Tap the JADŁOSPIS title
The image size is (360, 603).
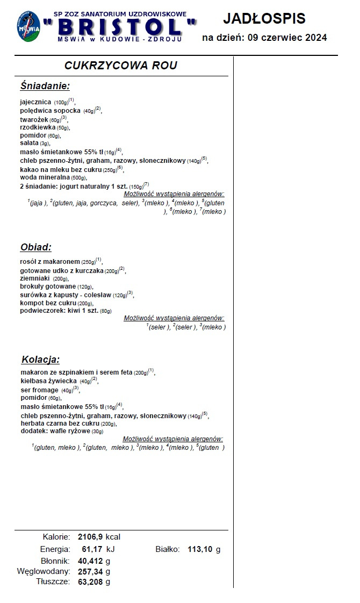point(264,19)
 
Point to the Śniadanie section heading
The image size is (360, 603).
point(45,85)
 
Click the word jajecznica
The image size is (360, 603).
point(35,102)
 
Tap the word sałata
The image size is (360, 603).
point(29,143)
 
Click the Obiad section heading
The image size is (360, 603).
point(36,247)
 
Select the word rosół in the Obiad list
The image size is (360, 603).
point(28,261)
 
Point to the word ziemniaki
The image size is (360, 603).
point(35,278)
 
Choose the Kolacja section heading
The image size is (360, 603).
point(40,360)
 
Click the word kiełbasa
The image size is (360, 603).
point(33,381)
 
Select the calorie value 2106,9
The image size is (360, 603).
point(90,537)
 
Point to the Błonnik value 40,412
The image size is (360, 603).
point(90,561)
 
